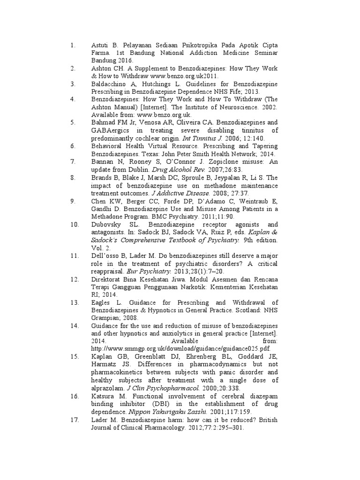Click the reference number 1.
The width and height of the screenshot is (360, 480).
72,45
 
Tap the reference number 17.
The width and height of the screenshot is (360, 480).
74,420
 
